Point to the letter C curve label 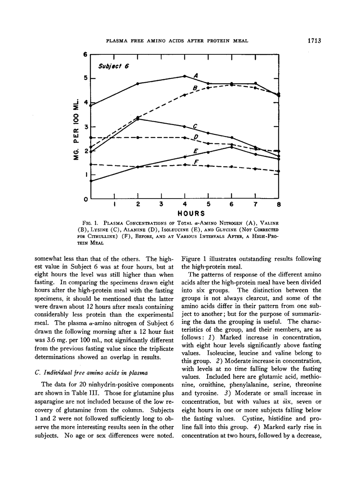point(196,126)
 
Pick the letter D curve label point(196,136)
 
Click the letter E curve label point(196,151)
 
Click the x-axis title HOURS point(191,213)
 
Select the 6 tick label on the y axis point(85,54)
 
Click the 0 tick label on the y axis point(85,199)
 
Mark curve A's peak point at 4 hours point(185,76)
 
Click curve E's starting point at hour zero point(91,181)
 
